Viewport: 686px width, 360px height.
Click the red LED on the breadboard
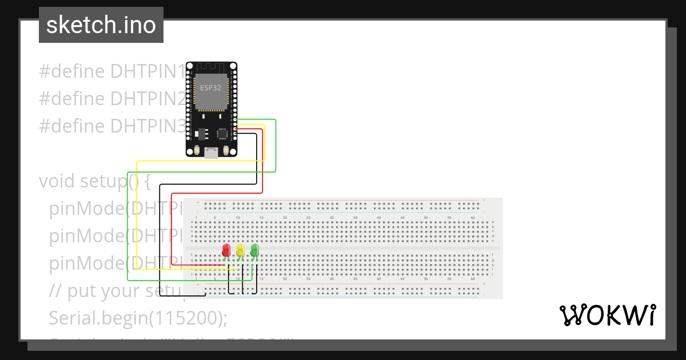click(x=226, y=250)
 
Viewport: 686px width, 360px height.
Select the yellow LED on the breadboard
click(x=241, y=250)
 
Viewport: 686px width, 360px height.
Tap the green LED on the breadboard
click(x=254, y=250)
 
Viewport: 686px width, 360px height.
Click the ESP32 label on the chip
click(x=210, y=87)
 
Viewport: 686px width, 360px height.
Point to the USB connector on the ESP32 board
click(x=211, y=152)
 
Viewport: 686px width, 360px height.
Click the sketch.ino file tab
click(x=101, y=25)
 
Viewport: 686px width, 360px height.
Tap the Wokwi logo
click(x=607, y=315)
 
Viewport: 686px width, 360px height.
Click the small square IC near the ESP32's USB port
click(x=222, y=133)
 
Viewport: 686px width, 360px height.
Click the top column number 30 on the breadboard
click(x=332, y=218)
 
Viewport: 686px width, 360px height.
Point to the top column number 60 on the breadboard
click(x=473, y=218)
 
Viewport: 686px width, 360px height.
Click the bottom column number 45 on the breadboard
click(x=402, y=279)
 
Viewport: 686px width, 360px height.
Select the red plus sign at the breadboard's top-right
click(x=484, y=201)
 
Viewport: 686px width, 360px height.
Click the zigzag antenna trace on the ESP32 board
click(x=211, y=67)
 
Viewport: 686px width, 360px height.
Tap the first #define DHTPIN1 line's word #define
click(x=72, y=71)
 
